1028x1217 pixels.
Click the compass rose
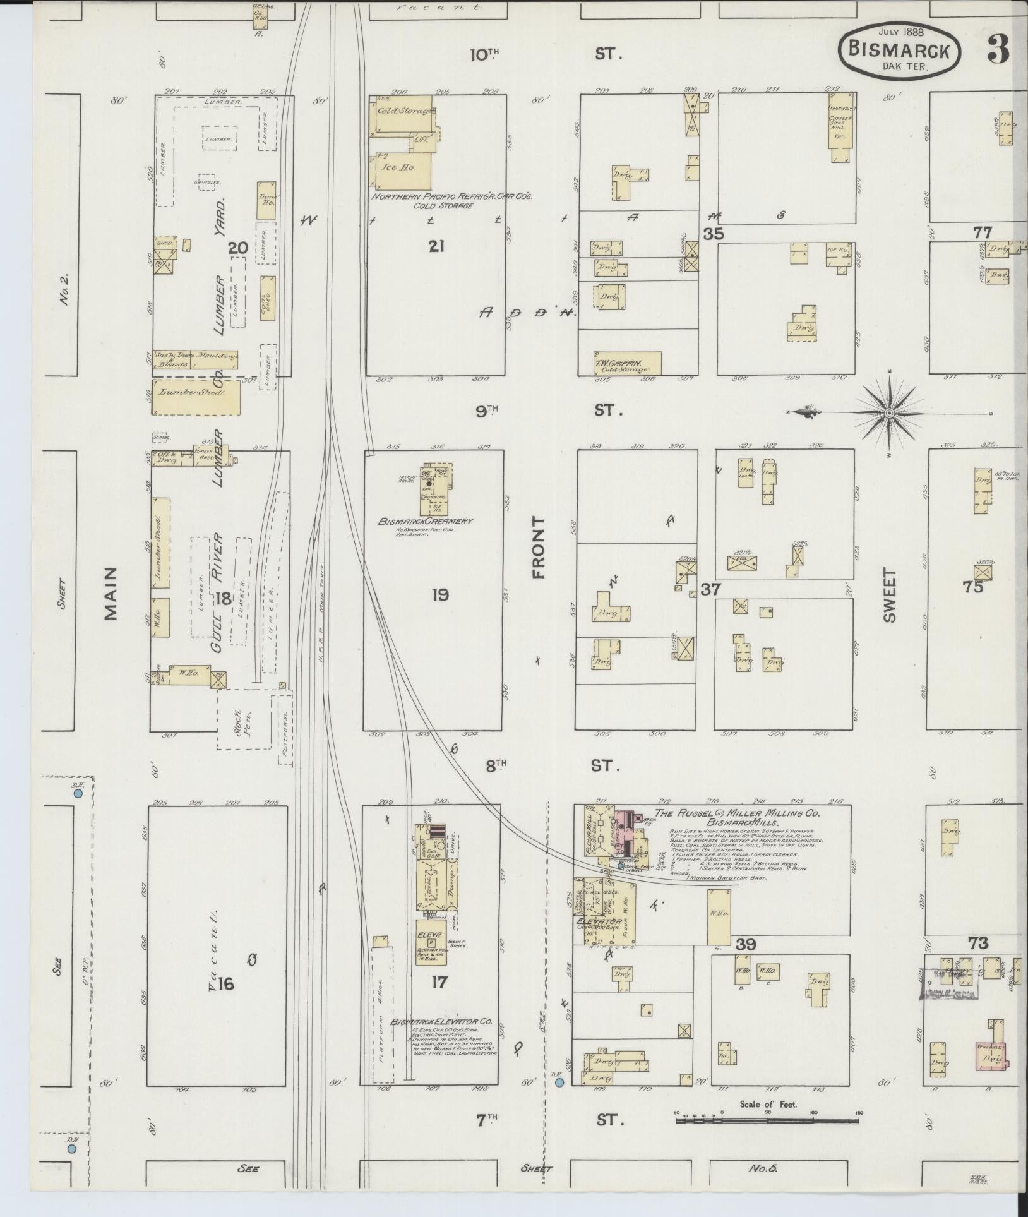[x=889, y=412]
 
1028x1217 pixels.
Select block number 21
[x=436, y=246]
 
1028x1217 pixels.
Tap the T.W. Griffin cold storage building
[x=626, y=364]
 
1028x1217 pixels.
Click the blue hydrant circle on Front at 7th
[x=559, y=1083]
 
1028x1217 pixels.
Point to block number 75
[x=973, y=587]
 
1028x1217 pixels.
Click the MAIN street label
[x=111, y=593]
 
